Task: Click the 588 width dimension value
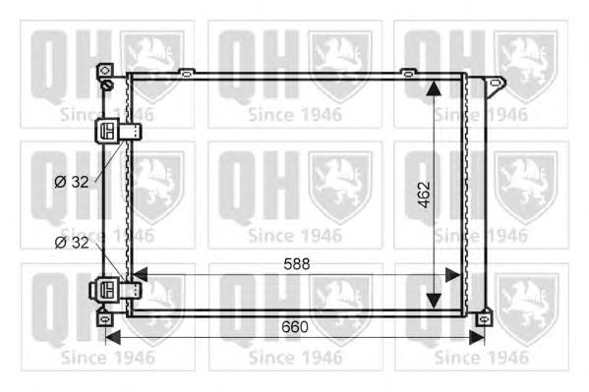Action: tap(297, 264)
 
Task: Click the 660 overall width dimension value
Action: tap(295, 326)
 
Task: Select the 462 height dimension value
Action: tap(424, 195)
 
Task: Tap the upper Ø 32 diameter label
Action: tap(72, 182)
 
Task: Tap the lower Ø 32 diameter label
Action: tap(72, 243)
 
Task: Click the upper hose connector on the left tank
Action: tap(118, 131)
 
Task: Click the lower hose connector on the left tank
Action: tap(115, 290)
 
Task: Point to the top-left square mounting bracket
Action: tap(105, 70)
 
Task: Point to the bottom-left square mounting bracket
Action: tap(105, 318)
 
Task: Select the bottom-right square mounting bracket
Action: tap(484, 318)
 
